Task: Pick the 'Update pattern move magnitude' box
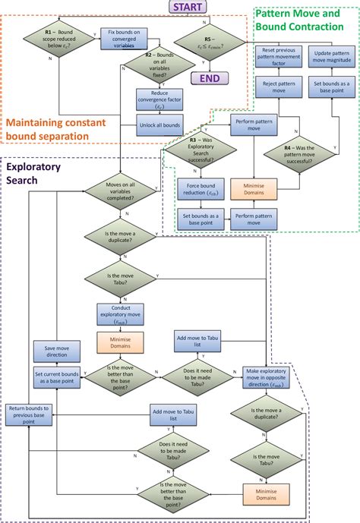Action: pos(330,56)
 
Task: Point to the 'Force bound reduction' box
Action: pos(197,188)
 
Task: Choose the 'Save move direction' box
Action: pos(52,351)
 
